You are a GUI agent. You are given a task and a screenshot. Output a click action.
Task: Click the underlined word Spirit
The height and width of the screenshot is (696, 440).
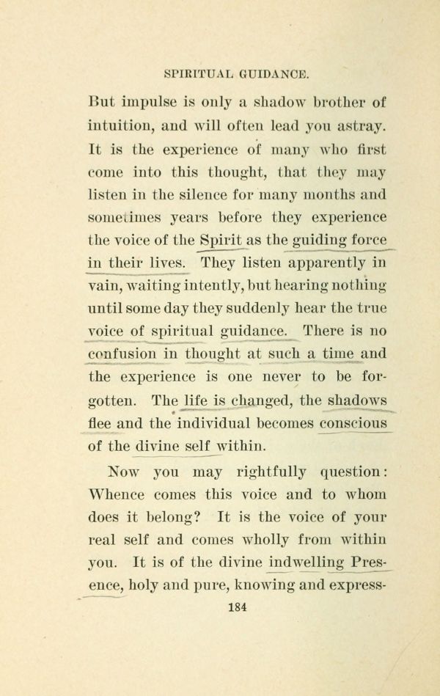coord(222,241)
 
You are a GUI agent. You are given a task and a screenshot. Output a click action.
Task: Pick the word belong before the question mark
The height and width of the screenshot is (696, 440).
coord(167,518)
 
